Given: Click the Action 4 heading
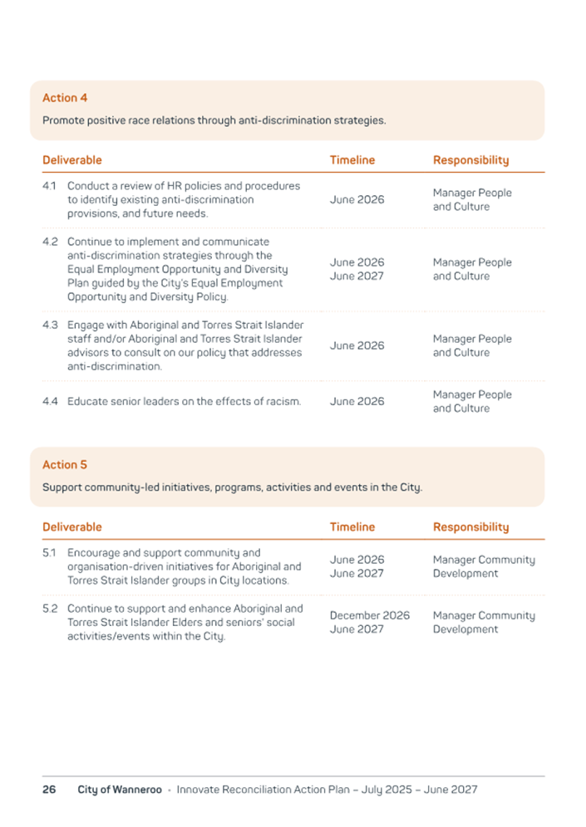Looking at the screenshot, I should point(65,98).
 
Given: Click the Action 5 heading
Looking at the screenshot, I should point(65,465).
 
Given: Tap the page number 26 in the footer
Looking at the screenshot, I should point(49,790).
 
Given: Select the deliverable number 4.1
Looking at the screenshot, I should point(49,186).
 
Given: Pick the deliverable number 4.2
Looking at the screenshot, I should point(50,242).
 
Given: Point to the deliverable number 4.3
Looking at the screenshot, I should point(50,325).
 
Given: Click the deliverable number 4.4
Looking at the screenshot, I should point(50,402).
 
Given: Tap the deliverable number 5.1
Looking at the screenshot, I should point(49,553).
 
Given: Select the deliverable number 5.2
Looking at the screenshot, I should point(50,609).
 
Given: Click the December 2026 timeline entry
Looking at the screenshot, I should point(369,615).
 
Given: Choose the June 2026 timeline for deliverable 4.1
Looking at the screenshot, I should point(357,200).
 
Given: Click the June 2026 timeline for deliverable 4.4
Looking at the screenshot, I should point(357,402).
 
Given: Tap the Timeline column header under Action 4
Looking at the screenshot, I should point(352,160).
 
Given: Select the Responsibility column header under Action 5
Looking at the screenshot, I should point(470,527).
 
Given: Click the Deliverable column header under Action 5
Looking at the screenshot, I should point(72,527).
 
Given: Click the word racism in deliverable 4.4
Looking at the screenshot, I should point(282,402).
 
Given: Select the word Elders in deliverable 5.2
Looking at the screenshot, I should point(195,622).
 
